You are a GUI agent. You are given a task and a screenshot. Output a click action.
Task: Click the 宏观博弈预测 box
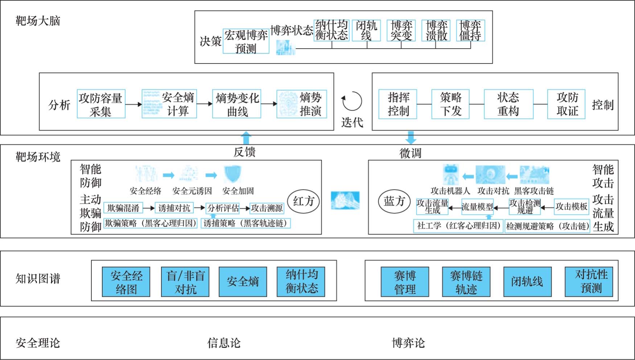click(x=246, y=41)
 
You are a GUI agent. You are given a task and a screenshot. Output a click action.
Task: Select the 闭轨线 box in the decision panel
click(x=366, y=30)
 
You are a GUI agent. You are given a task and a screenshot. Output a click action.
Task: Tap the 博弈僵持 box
click(x=470, y=30)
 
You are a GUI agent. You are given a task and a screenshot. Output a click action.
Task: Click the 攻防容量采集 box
click(x=101, y=104)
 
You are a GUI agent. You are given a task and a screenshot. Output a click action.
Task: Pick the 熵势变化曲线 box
click(x=237, y=104)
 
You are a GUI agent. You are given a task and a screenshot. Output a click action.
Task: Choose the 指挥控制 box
click(x=398, y=104)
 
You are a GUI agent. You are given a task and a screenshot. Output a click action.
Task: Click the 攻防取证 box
click(x=566, y=104)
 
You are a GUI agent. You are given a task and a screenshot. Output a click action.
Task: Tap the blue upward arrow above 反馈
click(x=246, y=139)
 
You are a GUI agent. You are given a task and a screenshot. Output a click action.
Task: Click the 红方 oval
click(x=303, y=201)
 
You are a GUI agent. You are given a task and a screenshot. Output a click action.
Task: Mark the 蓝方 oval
click(x=394, y=201)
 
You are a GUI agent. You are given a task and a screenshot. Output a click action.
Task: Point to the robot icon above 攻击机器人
click(x=450, y=174)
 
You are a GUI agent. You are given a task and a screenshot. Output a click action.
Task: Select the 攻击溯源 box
click(x=267, y=208)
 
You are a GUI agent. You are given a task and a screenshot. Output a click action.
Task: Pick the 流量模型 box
click(x=477, y=207)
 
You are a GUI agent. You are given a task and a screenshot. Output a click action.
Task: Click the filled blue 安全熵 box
click(x=243, y=282)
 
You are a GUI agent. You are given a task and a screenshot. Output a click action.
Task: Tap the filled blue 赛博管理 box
click(x=405, y=282)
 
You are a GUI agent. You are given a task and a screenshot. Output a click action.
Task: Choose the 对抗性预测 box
click(x=589, y=282)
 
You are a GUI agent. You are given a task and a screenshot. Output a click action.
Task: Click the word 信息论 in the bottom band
click(x=224, y=343)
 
